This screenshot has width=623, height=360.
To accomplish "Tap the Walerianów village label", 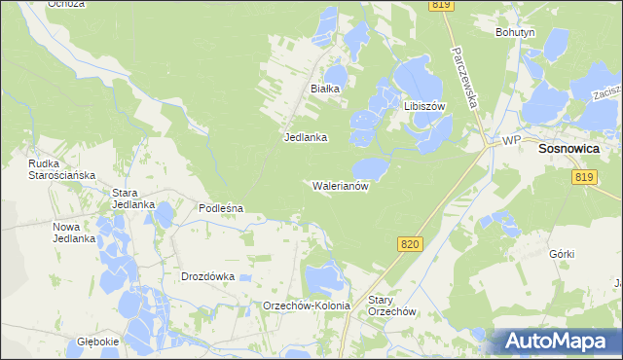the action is point(340,185).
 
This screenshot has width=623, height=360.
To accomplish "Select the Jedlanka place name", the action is point(305,137).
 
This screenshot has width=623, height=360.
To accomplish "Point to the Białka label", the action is point(324,89).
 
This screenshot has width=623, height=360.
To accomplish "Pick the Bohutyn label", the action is point(515,32).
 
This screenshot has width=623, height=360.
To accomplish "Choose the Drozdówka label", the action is point(208,276).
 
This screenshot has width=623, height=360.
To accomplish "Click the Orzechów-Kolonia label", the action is point(307,306).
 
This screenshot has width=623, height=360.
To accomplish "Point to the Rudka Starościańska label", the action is point(60,168).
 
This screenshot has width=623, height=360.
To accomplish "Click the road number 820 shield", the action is point(410,244).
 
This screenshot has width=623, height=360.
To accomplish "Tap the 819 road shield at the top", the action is point(441,6).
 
